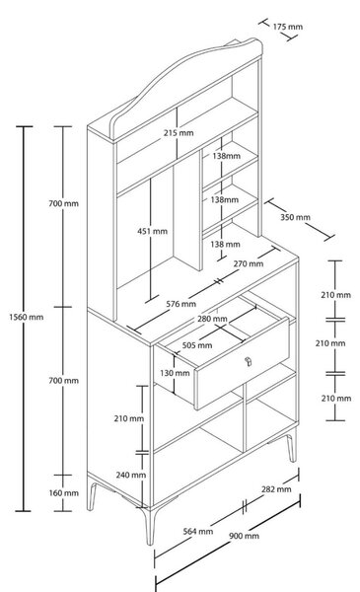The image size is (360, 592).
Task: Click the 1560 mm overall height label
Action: point(26,317)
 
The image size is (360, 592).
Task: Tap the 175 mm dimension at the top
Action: point(288,27)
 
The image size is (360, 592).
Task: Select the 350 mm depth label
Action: point(295,217)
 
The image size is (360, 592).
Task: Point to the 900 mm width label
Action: point(244,536)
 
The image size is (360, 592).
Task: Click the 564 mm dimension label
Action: point(198,531)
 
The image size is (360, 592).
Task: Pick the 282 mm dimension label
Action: point(276,489)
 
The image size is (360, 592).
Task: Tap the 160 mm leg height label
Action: point(64,493)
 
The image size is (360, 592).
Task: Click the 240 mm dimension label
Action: point(131,475)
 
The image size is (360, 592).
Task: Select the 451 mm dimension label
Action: point(152,231)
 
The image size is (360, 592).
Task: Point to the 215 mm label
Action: point(179,133)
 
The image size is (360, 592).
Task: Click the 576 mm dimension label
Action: point(181,304)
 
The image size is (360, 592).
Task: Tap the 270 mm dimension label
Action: point(249,263)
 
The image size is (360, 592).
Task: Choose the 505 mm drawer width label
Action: point(197,345)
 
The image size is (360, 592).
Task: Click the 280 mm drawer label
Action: point(212,319)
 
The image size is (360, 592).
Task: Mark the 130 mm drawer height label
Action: point(175,373)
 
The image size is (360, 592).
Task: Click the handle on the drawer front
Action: point(248,361)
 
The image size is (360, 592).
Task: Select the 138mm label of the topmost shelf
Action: point(225,156)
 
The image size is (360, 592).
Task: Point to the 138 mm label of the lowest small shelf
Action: point(225,245)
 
